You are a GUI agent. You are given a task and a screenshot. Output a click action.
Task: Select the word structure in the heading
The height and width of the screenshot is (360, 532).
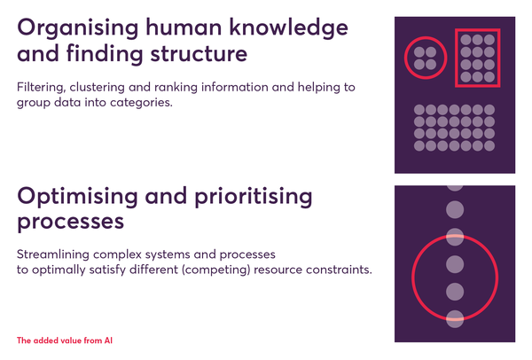coord(199,53)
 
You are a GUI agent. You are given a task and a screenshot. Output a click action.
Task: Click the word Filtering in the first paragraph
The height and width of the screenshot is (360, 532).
coord(41,88)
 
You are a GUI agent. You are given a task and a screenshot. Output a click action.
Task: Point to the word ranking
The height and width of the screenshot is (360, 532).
coord(176,88)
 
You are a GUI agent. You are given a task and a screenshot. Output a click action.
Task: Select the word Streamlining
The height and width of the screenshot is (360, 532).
coord(53,254)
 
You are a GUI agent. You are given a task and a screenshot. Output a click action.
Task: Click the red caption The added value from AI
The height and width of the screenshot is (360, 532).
coord(65,340)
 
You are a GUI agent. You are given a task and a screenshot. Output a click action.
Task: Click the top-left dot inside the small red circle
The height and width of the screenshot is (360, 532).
coord(419,52)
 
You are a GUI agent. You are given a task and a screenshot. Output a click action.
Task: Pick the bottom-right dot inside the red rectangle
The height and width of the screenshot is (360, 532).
coord(489,76)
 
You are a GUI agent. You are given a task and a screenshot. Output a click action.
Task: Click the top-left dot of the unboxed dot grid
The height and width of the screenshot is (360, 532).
coord(419,110)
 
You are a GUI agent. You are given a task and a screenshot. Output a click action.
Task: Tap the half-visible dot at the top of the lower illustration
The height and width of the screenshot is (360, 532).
coord(455,188)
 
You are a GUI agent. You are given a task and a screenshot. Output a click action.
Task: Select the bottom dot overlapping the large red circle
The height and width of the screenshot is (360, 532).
coord(455,319)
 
